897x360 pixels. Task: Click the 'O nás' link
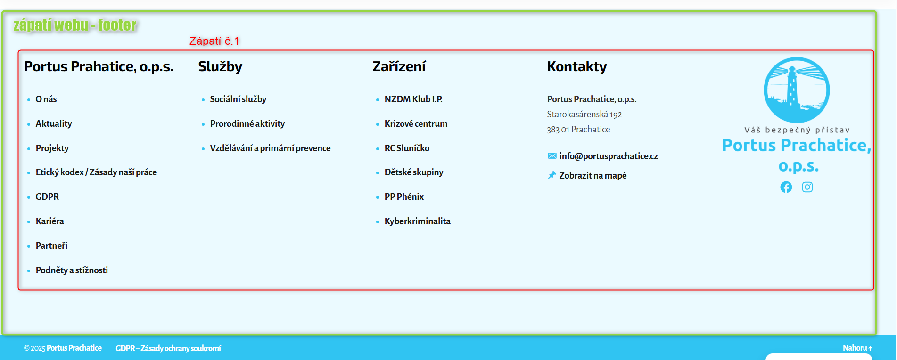tap(46, 99)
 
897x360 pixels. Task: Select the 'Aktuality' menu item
tap(54, 124)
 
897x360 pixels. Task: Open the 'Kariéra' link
tap(50, 221)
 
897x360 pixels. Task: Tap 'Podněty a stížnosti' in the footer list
tap(72, 270)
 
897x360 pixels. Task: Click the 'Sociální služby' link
tap(238, 99)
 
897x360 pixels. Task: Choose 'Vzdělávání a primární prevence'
tap(270, 148)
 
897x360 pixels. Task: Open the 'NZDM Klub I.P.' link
tap(413, 99)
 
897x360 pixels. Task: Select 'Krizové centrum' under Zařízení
tap(416, 124)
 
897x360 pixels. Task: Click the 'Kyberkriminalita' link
tap(417, 221)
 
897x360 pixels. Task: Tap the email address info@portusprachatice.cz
tap(609, 156)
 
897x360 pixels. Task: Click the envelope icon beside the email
tap(552, 156)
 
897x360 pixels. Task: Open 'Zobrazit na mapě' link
tap(593, 176)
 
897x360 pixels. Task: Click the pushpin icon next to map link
tap(552, 175)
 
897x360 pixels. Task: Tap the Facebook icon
tap(786, 187)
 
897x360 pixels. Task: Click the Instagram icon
tap(807, 187)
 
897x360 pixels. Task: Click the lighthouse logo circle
tap(797, 90)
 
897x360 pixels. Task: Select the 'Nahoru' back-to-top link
tap(857, 348)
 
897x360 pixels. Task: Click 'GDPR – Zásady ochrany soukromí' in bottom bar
tap(168, 349)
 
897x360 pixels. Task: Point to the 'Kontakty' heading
tap(577, 67)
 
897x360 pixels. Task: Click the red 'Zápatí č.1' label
tap(214, 41)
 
